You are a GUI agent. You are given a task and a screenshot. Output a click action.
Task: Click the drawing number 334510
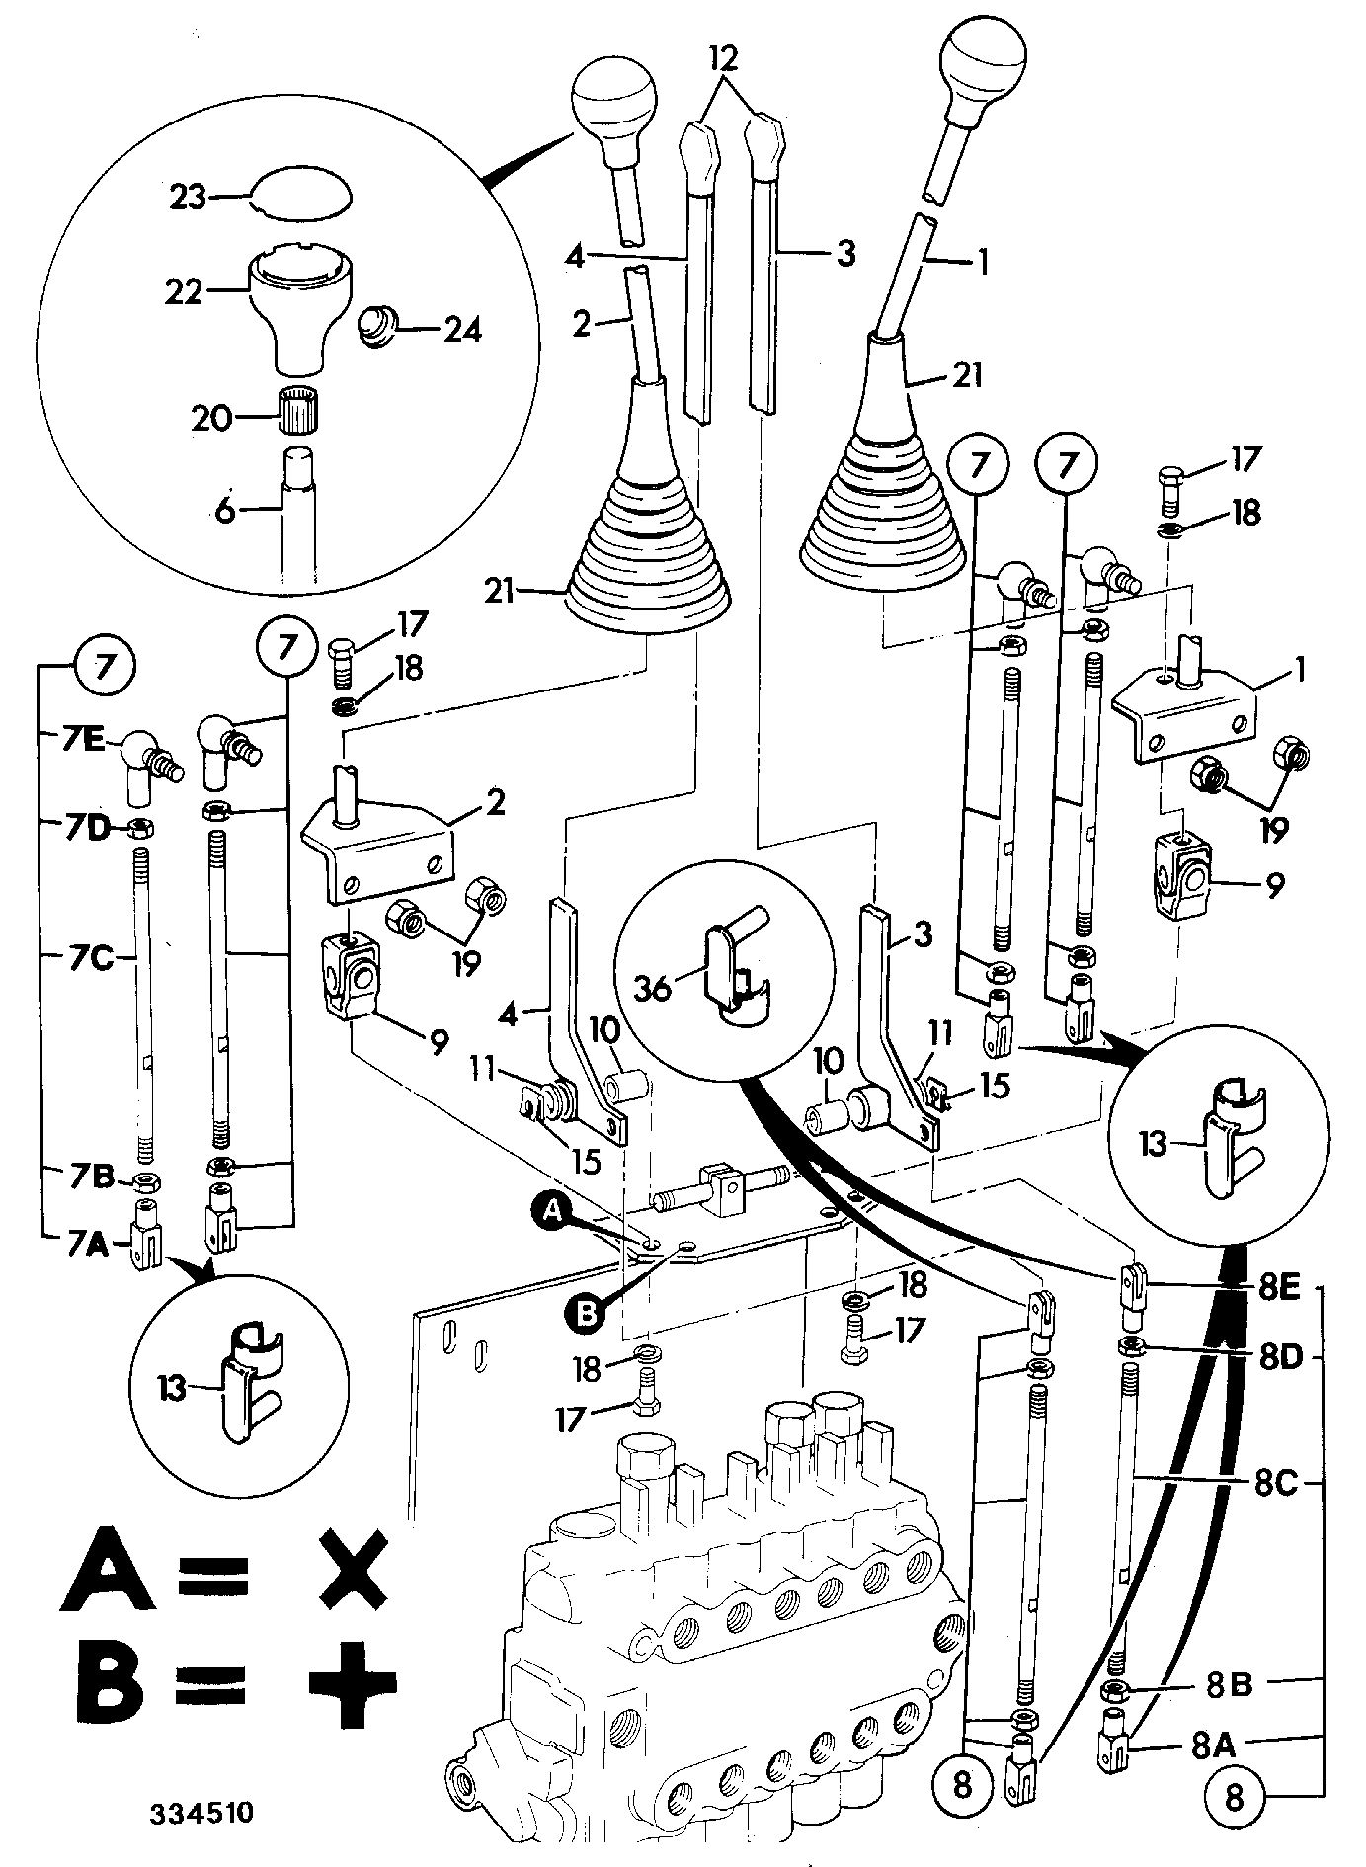(x=201, y=1814)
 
